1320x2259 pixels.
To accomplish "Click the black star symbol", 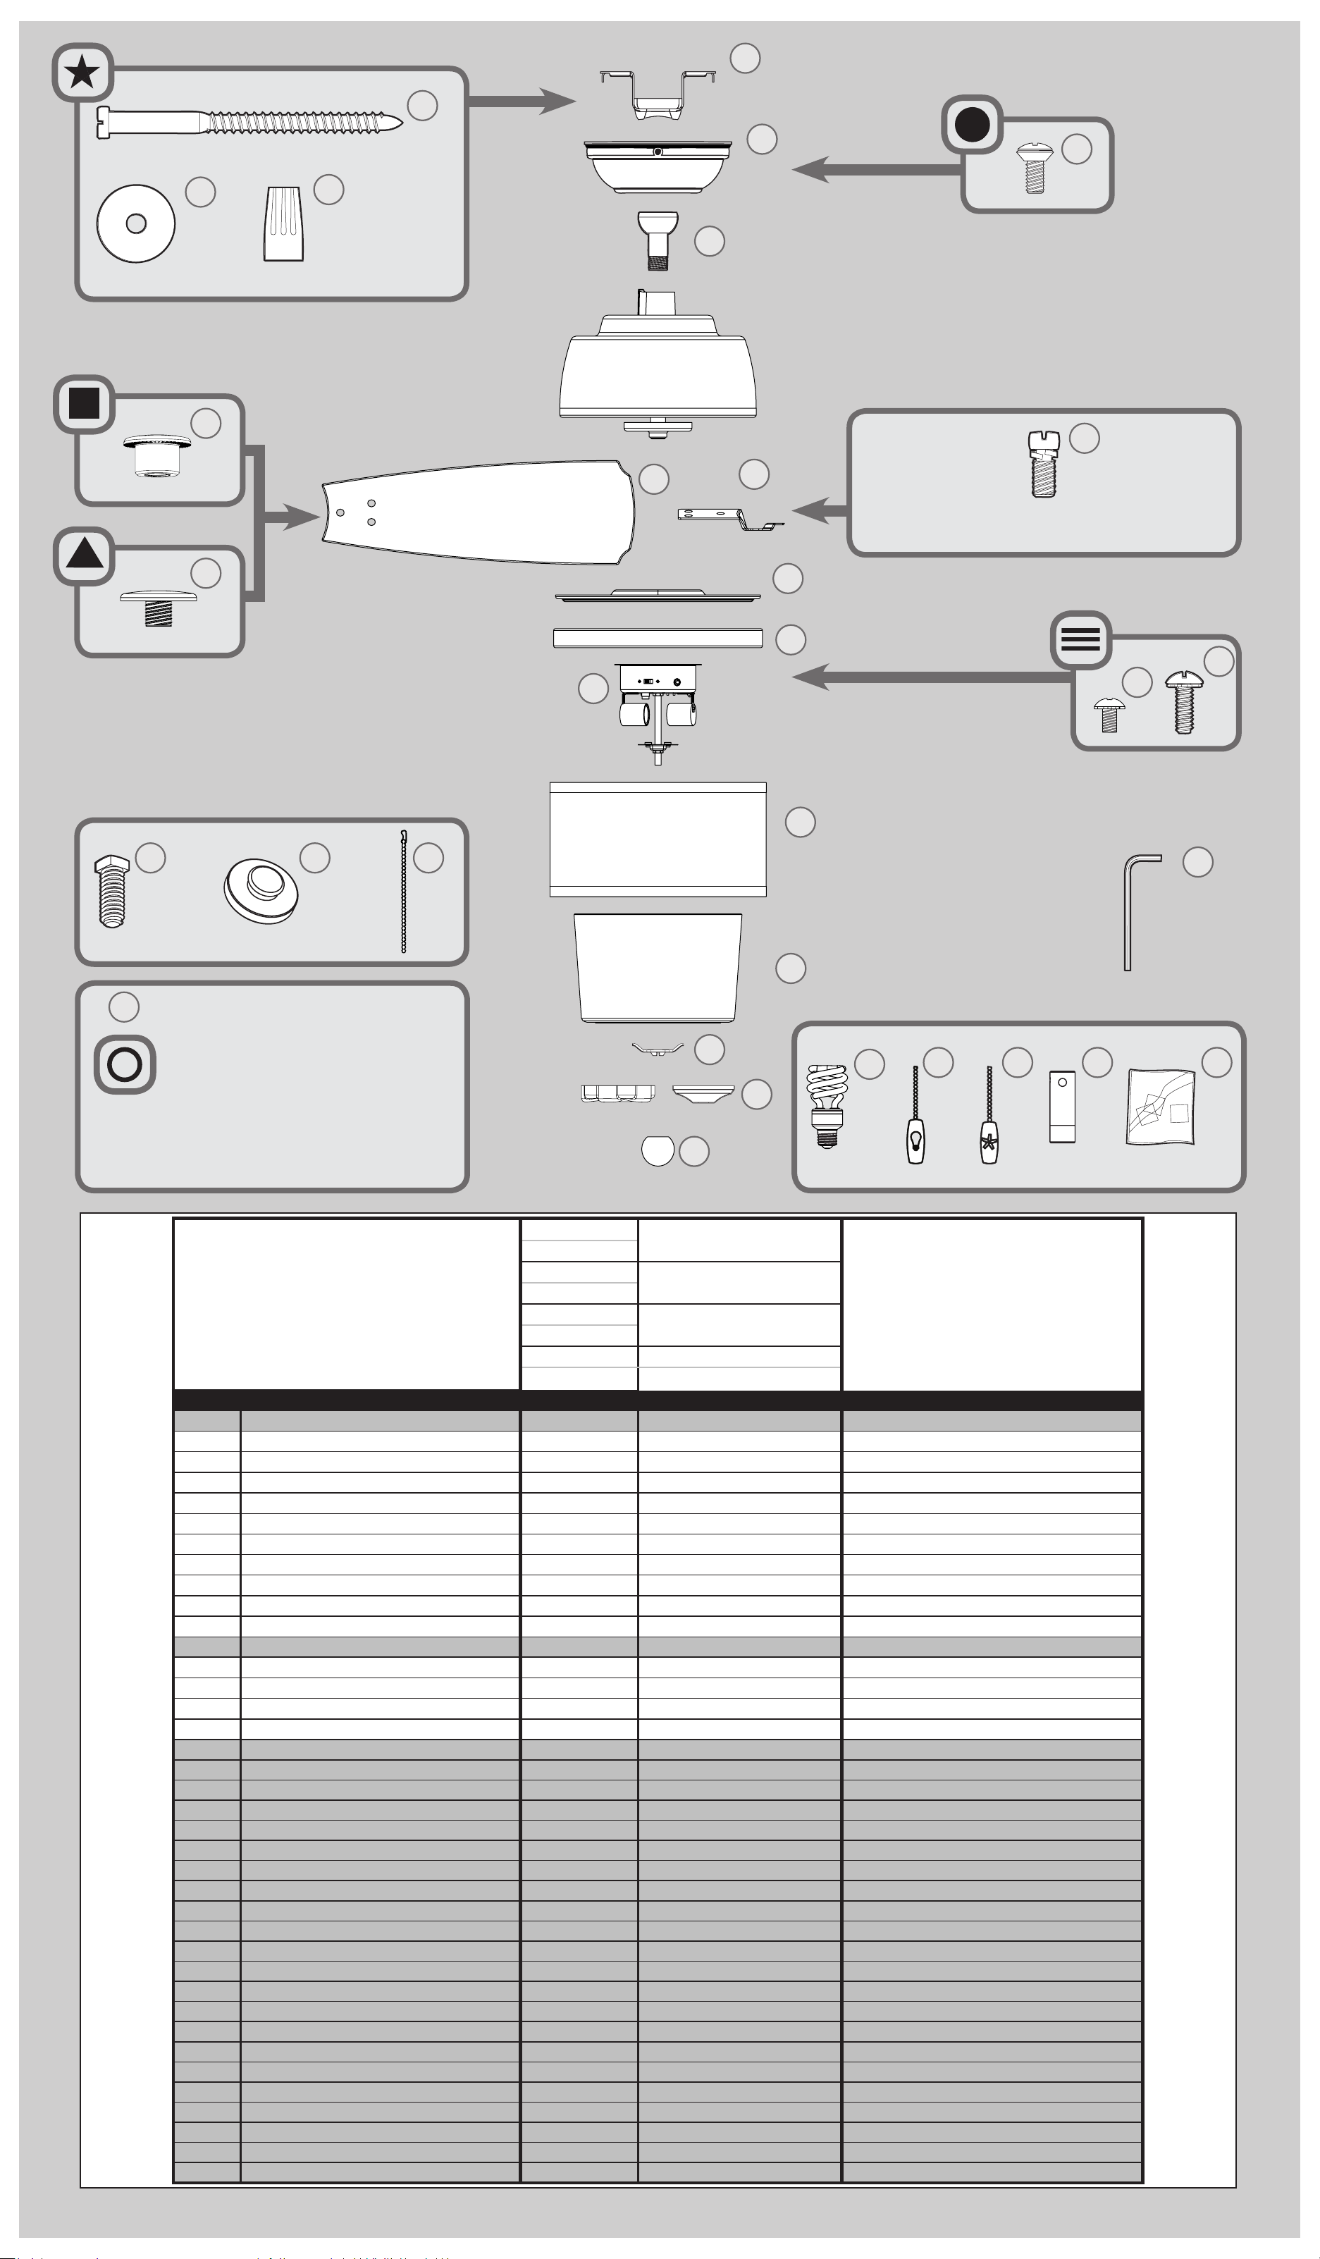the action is tap(82, 72).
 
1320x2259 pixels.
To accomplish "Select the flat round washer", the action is tap(135, 223).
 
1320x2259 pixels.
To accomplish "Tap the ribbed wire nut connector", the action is tap(283, 224).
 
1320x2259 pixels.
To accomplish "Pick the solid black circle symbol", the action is tap(973, 125).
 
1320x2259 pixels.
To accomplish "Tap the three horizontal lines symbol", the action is tap(1080, 639).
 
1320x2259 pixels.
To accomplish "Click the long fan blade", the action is tap(479, 512).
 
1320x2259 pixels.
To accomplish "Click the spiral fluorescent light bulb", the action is tap(826, 1104).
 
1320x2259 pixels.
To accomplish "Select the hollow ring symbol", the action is tap(125, 1064).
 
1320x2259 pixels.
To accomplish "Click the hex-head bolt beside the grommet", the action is tap(112, 891).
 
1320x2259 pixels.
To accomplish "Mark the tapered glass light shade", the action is tap(658, 968).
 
